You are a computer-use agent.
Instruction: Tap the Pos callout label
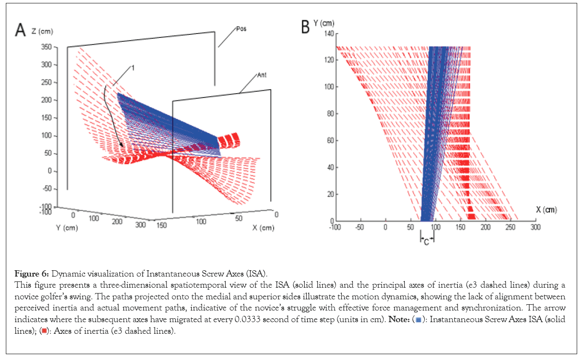coord(241,29)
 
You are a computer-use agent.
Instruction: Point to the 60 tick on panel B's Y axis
coord(327,140)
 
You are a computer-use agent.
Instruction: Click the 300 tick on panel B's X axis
coord(535,227)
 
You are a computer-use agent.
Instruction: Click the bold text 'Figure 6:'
coord(29,272)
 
